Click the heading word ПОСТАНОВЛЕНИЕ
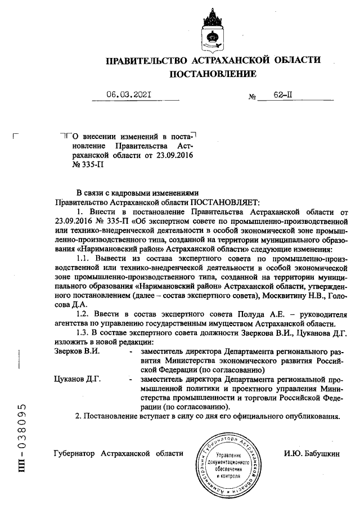click(213, 74)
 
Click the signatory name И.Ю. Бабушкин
click(312, 453)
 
